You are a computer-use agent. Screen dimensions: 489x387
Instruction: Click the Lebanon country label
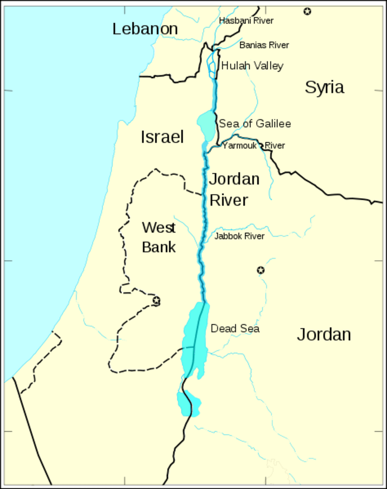(x=145, y=29)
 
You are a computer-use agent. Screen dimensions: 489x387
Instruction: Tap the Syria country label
(x=324, y=87)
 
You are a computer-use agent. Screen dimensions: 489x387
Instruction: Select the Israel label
(x=162, y=137)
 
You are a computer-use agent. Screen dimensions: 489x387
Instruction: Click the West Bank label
(x=159, y=237)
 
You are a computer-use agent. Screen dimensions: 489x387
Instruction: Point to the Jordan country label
(x=324, y=335)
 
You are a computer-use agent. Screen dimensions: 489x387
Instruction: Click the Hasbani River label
(x=246, y=20)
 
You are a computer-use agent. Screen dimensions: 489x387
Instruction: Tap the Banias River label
(x=264, y=45)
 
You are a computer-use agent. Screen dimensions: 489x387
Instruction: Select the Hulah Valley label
(x=252, y=66)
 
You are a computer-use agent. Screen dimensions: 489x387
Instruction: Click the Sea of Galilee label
(x=255, y=123)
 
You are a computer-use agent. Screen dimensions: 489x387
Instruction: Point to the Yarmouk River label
(x=253, y=145)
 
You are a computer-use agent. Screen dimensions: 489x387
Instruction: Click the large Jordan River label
(x=234, y=189)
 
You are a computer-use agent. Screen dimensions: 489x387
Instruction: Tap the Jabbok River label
(x=239, y=236)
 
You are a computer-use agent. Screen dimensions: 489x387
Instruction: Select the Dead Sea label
(x=235, y=328)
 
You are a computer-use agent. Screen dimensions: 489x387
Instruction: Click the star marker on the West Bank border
(x=156, y=301)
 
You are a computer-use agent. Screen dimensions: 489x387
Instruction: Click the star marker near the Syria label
(x=308, y=11)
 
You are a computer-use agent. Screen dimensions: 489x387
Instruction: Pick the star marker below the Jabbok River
(x=261, y=270)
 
